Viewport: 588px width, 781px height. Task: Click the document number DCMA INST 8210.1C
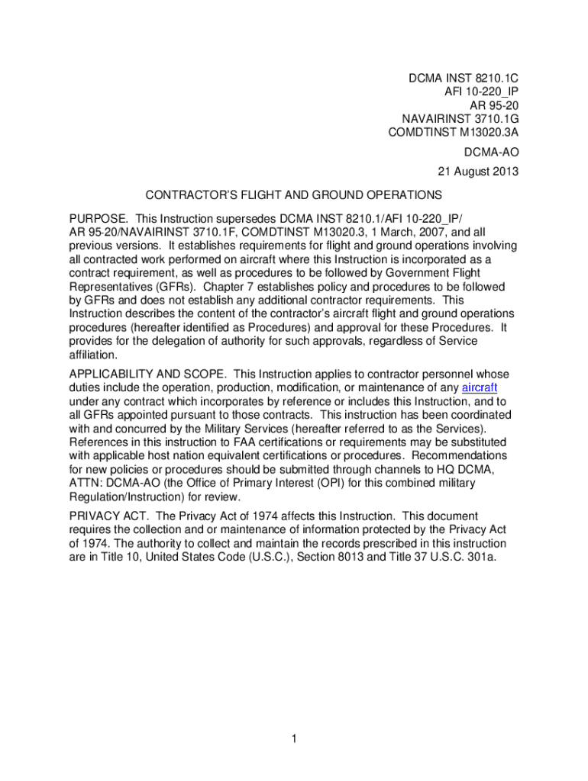coord(464,79)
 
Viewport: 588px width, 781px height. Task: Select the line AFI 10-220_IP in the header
coord(481,92)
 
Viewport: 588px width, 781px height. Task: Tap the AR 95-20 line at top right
coord(492,105)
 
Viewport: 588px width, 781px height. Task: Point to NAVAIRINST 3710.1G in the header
coord(460,118)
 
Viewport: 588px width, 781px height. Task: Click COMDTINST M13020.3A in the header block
coord(454,132)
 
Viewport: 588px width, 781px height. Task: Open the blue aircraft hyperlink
coord(480,387)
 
